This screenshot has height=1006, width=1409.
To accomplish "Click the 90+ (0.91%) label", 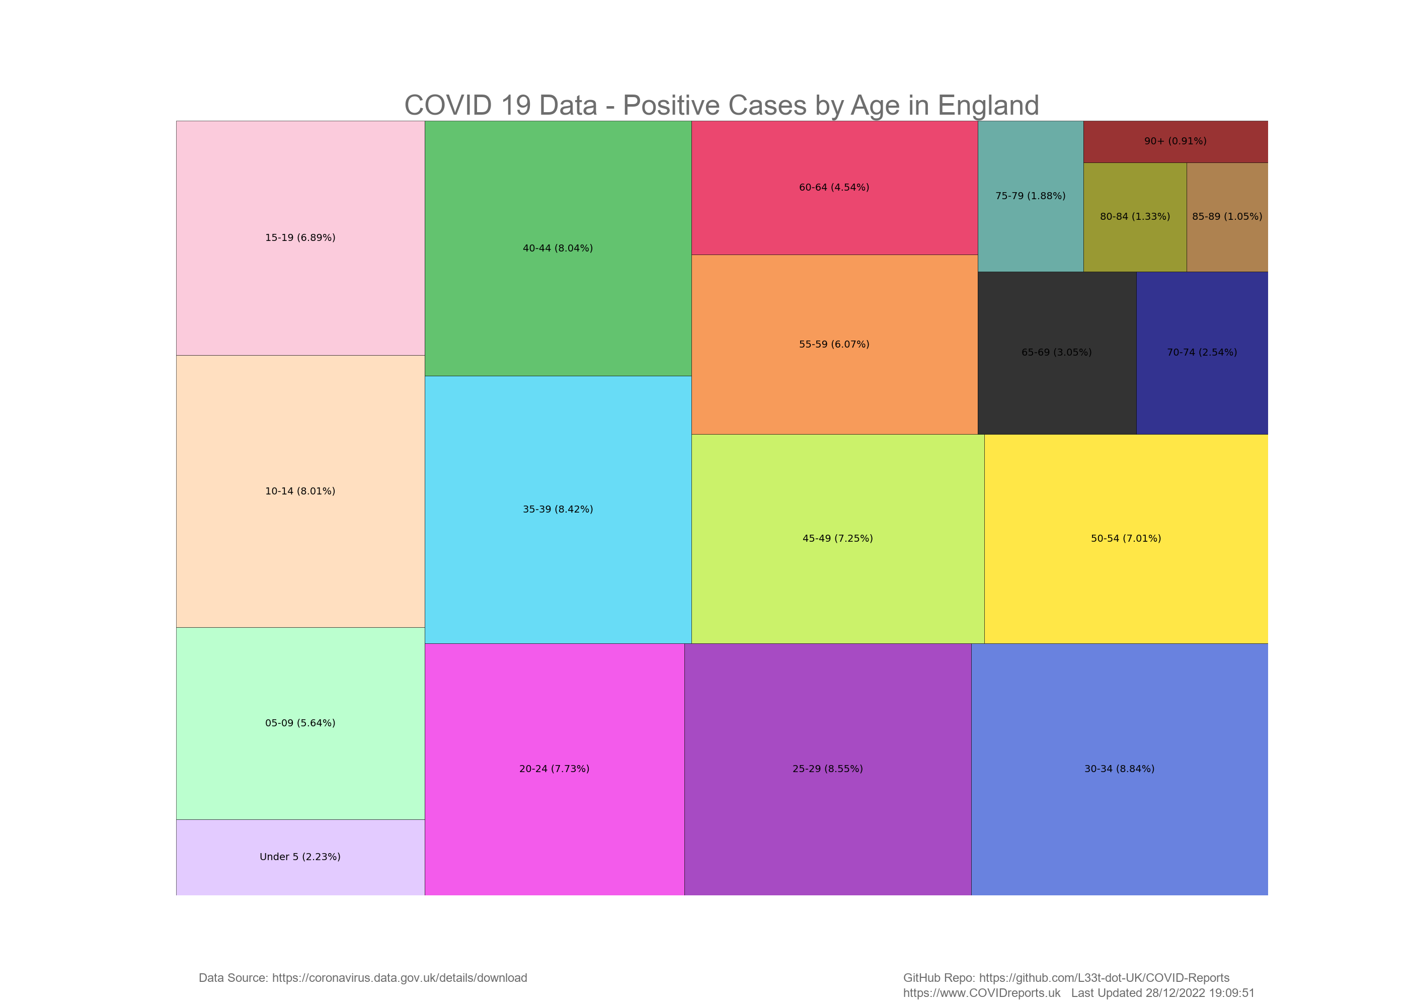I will coord(1175,141).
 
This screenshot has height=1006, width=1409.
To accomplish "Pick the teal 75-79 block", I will coord(1030,223).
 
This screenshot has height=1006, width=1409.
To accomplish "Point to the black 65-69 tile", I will coord(1056,378).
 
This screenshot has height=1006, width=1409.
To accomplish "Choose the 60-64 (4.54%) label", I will coord(834,187).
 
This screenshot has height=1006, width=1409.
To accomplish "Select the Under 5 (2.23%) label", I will coord(300,857).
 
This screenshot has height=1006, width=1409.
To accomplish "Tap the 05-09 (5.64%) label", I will coord(300,723).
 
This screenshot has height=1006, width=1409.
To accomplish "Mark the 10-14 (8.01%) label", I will coord(300,491).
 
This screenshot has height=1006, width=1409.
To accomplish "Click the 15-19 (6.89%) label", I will coord(300,237).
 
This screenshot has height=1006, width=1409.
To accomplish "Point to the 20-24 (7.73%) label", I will coord(554,769).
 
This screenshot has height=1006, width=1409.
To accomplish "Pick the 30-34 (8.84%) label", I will coord(1119,769).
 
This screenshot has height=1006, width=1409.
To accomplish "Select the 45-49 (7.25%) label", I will coord(837,538).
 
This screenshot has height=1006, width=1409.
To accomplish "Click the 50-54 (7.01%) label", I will coord(1126,538).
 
